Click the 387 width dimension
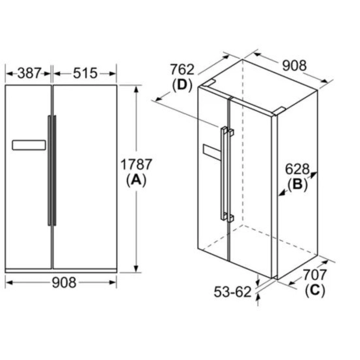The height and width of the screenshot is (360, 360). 29,73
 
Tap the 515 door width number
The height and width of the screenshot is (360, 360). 85,73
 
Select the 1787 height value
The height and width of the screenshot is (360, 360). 136,165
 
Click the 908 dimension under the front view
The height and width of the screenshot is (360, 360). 64,282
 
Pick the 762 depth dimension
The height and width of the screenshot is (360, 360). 182,69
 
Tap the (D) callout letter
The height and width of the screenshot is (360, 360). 182,85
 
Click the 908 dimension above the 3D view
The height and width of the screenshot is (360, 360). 294,66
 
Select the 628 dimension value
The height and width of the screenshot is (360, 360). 297,169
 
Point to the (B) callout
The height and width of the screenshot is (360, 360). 298,184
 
